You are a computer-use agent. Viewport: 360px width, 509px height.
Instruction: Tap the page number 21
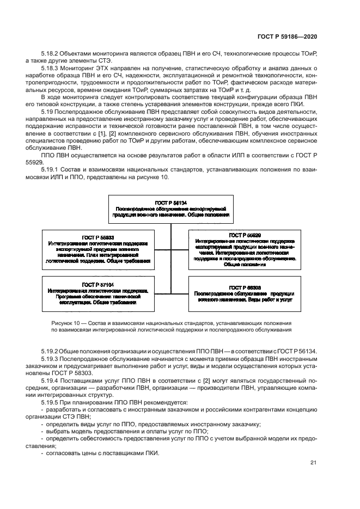313,463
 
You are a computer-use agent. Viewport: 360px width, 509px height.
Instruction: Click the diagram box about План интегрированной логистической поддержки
98,249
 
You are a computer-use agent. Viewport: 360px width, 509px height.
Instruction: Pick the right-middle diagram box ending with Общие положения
245,249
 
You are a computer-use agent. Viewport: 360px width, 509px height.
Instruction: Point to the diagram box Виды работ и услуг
245,293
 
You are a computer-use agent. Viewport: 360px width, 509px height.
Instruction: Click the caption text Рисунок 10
68,322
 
